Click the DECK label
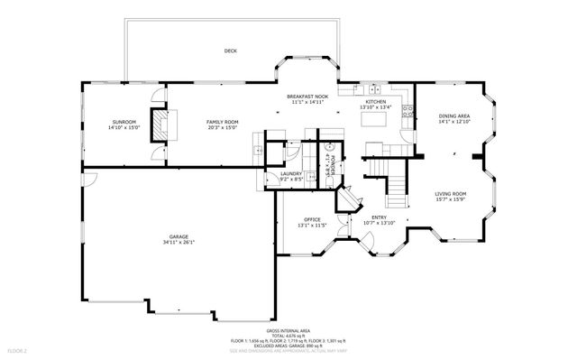[x=231, y=51]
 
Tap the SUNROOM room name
[x=124, y=122]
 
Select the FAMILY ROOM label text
[x=222, y=122]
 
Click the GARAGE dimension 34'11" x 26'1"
[x=178, y=243]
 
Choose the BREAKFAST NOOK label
[x=307, y=97]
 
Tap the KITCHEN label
[x=376, y=102]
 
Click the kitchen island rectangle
[x=378, y=144]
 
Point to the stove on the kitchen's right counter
[x=408, y=113]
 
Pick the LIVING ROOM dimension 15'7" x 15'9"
[x=450, y=199]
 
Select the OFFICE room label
[x=313, y=219]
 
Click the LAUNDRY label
[x=290, y=174]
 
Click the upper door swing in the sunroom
[x=159, y=93]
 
